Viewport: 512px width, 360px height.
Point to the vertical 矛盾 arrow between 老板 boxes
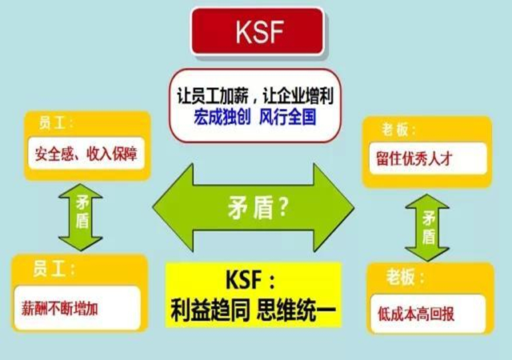click(428, 225)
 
